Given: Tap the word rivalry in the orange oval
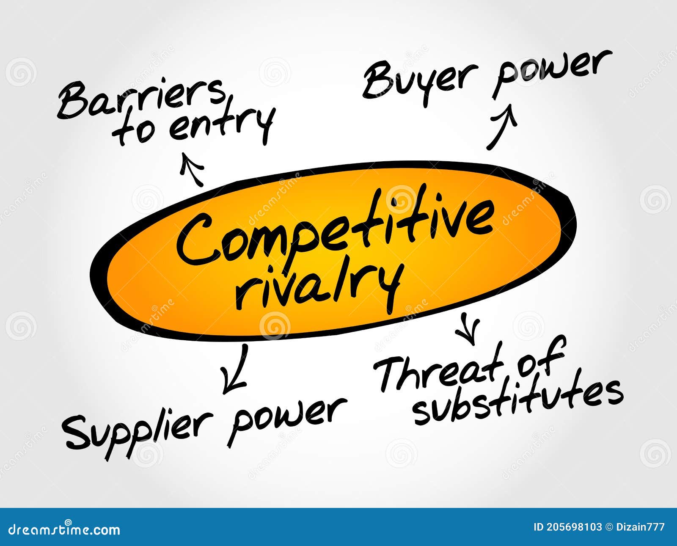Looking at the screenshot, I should (x=317, y=286).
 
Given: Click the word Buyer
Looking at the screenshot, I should (x=419, y=80).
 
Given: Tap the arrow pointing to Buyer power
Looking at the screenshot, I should (x=501, y=127).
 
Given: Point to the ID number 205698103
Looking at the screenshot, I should (x=573, y=527).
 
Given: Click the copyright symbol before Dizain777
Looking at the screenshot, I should (x=609, y=527).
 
